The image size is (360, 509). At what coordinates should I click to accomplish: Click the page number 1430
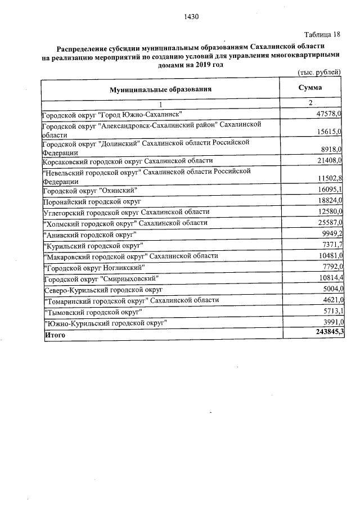coord(192,16)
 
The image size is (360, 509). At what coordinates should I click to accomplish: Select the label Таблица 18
coord(323,34)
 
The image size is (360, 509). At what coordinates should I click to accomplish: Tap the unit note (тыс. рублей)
coord(319,72)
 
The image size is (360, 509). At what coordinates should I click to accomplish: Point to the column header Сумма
coord(309,88)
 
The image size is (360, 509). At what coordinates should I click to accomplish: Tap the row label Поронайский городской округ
coord(92,201)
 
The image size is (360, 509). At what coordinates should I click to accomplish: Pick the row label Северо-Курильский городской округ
coord(103,289)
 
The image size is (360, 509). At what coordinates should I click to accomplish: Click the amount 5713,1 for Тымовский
coord(332,311)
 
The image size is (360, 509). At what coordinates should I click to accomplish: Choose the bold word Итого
coord(55,335)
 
